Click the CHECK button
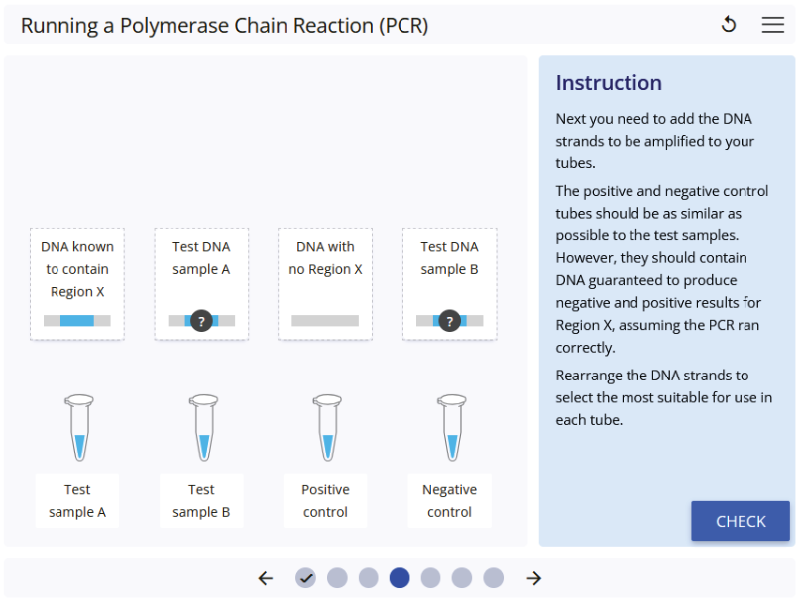pyautogui.click(x=740, y=521)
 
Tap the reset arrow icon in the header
pyautogui.click(x=729, y=25)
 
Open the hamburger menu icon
pyautogui.click(x=773, y=25)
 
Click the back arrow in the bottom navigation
pyautogui.click(x=266, y=578)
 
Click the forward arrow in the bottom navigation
pyautogui.click(x=534, y=578)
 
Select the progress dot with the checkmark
pyautogui.click(x=305, y=578)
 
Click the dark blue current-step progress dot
pyautogui.click(x=399, y=578)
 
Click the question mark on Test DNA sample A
pyautogui.click(x=200, y=321)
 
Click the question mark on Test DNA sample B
pyautogui.click(x=450, y=321)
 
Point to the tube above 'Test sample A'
pyautogui.click(x=79, y=428)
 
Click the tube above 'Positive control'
pyautogui.click(x=326, y=428)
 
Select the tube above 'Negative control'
pyautogui.click(x=451, y=428)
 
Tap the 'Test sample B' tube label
pyautogui.click(x=201, y=501)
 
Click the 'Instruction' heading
pyautogui.click(x=608, y=83)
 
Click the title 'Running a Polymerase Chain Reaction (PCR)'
pyautogui.click(x=224, y=25)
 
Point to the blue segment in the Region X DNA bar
pyautogui.click(x=77, y=321)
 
